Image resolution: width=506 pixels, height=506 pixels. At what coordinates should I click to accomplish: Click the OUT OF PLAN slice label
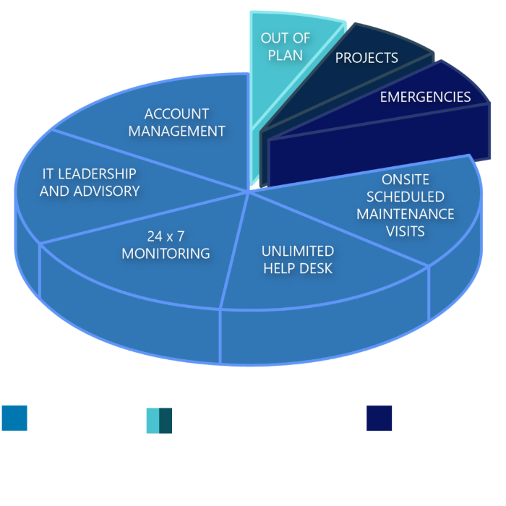(x=285, y=46)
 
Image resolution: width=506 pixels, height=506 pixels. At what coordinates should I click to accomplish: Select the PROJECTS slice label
(x=366, y=58)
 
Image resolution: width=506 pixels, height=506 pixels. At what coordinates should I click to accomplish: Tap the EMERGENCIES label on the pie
(x=425, y=97)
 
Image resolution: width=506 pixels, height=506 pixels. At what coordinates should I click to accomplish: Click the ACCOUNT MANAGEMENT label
(x=186, y=122)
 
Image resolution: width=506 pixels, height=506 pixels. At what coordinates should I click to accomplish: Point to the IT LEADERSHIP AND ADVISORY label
(x=89, y=182)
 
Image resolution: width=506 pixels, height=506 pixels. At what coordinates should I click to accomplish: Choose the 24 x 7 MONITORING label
(x=166, y=244)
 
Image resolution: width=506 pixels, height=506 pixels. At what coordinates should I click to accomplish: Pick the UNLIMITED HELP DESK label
(x=297, y=260)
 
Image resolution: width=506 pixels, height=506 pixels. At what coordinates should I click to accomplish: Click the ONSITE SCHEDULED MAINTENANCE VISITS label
(x=405, y=205)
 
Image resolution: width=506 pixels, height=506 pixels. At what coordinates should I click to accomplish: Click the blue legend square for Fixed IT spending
(x=14, y=418)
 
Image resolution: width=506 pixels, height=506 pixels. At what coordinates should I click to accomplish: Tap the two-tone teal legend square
(x=158, y=420)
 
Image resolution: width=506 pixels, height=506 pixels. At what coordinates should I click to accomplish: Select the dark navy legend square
(x=379, y=418)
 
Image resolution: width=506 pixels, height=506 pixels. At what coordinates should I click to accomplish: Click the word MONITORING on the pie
(x=166, y=253)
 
